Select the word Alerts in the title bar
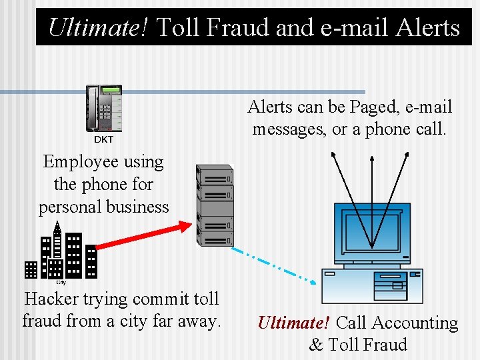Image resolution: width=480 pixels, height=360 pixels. click(428, 27)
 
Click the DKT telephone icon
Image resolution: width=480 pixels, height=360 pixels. click(104, 109)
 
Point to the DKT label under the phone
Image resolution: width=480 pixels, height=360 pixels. click(103, 140)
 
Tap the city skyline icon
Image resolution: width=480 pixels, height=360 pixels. click(61, 251)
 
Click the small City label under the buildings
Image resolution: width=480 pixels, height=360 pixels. click(61, 281)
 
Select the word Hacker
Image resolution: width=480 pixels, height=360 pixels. click(52, 299)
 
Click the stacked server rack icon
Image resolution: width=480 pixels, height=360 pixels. click(215, 205)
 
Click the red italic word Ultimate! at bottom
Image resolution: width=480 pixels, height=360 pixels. click(293, 323)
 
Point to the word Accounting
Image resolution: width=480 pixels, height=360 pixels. click(415, 323)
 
